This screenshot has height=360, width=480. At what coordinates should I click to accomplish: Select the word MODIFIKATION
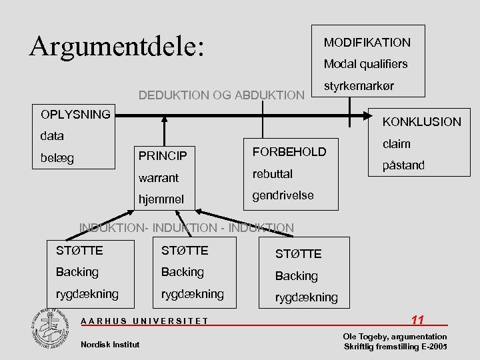[x=367, y=43]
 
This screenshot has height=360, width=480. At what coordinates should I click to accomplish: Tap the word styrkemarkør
[x=359, y=87]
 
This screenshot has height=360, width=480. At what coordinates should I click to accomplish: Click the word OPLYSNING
[x=75, y=114]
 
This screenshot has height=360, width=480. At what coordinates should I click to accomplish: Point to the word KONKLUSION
[x=421, y=121]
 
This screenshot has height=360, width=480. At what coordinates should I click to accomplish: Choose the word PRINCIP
[x=163, y=157]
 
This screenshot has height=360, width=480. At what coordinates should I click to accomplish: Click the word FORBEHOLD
[x=289, y=151]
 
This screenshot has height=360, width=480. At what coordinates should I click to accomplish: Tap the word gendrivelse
[x=284, y=196]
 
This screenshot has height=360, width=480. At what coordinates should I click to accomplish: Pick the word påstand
[x=403, y=165]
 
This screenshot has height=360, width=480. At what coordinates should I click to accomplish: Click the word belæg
[x=57, y=158]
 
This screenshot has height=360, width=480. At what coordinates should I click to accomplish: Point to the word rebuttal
[x=272, y=173]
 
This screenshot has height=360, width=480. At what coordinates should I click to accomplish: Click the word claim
[x=397, y=143]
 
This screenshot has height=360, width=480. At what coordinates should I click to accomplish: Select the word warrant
[x=159, y=178]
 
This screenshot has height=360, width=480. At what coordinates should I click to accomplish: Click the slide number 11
[x=418, y=319]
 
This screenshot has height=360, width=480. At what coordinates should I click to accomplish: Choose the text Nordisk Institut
[x=110, y=344]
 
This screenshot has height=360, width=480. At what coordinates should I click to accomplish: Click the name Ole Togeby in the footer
[x=363, y=337]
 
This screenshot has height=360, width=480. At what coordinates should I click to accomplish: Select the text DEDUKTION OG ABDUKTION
[x=221, y=95]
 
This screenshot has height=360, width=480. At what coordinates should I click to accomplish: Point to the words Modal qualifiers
[x=365, y=65]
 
